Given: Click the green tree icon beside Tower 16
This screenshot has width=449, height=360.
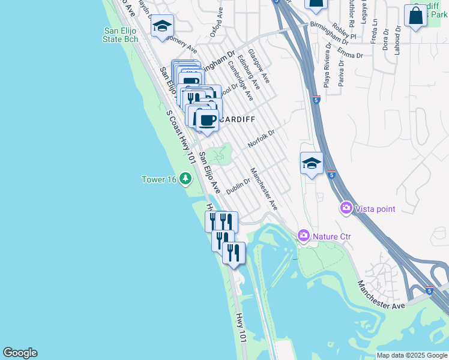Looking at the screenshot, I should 185,178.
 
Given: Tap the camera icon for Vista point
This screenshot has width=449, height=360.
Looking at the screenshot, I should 346,208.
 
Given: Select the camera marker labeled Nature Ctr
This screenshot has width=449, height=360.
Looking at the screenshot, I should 304,236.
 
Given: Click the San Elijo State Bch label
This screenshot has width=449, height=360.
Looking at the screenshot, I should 121,35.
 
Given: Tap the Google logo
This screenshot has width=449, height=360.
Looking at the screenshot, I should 20,353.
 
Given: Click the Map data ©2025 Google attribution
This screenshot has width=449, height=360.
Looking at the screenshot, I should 412,355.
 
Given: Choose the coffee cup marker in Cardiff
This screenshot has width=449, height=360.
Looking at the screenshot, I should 207,120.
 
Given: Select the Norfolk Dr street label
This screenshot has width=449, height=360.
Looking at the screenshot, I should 261,140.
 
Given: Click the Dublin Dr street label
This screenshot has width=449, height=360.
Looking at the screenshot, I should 238,186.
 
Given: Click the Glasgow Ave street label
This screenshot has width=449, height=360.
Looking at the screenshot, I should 259,66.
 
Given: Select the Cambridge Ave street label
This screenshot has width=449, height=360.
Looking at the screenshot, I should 240,83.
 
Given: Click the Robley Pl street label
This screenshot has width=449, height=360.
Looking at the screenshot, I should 344,32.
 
